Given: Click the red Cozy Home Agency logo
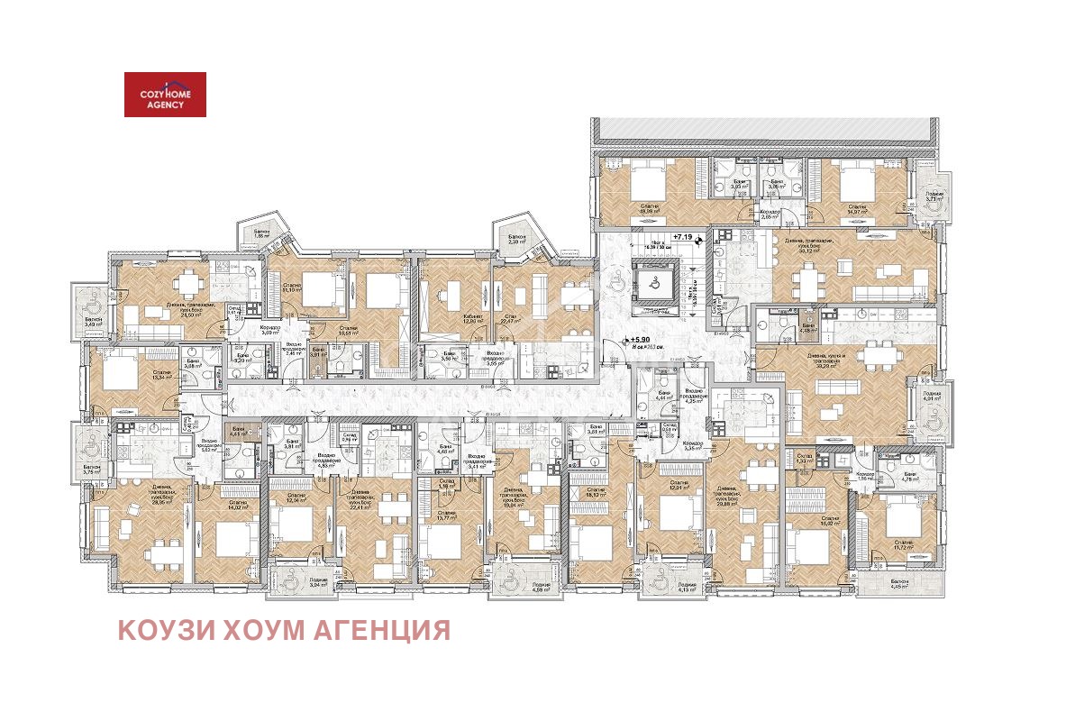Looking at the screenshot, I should click(x=165, y=95).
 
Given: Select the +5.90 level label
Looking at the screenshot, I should click(x=642, y=341).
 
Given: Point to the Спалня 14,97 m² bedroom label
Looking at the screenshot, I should click(x=856, y=208).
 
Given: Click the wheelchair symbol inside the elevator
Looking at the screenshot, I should click(x=655, y=280).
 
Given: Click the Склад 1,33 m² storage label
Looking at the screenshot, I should click(x=804, y=460).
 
